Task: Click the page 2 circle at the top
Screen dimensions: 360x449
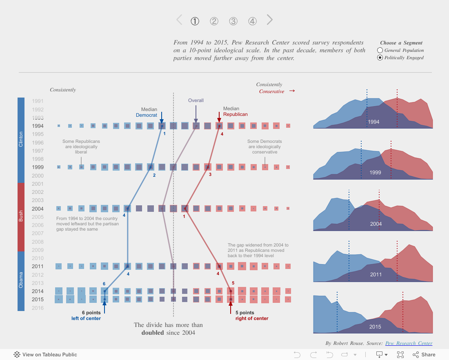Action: [214, 21]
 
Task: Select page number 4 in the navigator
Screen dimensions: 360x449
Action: [253, 21]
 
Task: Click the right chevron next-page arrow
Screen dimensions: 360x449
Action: [269, 20]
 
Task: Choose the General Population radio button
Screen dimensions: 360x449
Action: [380, 50]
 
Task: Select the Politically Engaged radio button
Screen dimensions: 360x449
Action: [380, 58]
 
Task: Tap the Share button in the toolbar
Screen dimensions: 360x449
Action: [424, 355]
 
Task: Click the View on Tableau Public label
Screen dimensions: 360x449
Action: [49, 355]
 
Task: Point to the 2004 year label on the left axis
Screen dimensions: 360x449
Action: [38, 209]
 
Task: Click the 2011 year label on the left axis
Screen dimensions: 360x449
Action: [38, 266]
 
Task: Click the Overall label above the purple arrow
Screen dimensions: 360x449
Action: [196, 100]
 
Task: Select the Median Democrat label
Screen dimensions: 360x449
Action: [147, 112]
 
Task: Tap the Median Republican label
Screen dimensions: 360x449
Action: [235, 111]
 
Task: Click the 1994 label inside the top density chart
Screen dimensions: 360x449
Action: [373, 122]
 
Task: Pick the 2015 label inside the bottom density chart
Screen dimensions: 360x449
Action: [375, 327]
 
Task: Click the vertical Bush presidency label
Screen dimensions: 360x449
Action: [21, 216]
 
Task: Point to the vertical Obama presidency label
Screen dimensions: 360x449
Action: [21, 280]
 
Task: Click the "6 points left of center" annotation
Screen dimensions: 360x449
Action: [86, 316]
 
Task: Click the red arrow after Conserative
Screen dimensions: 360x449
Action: [292, 91]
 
